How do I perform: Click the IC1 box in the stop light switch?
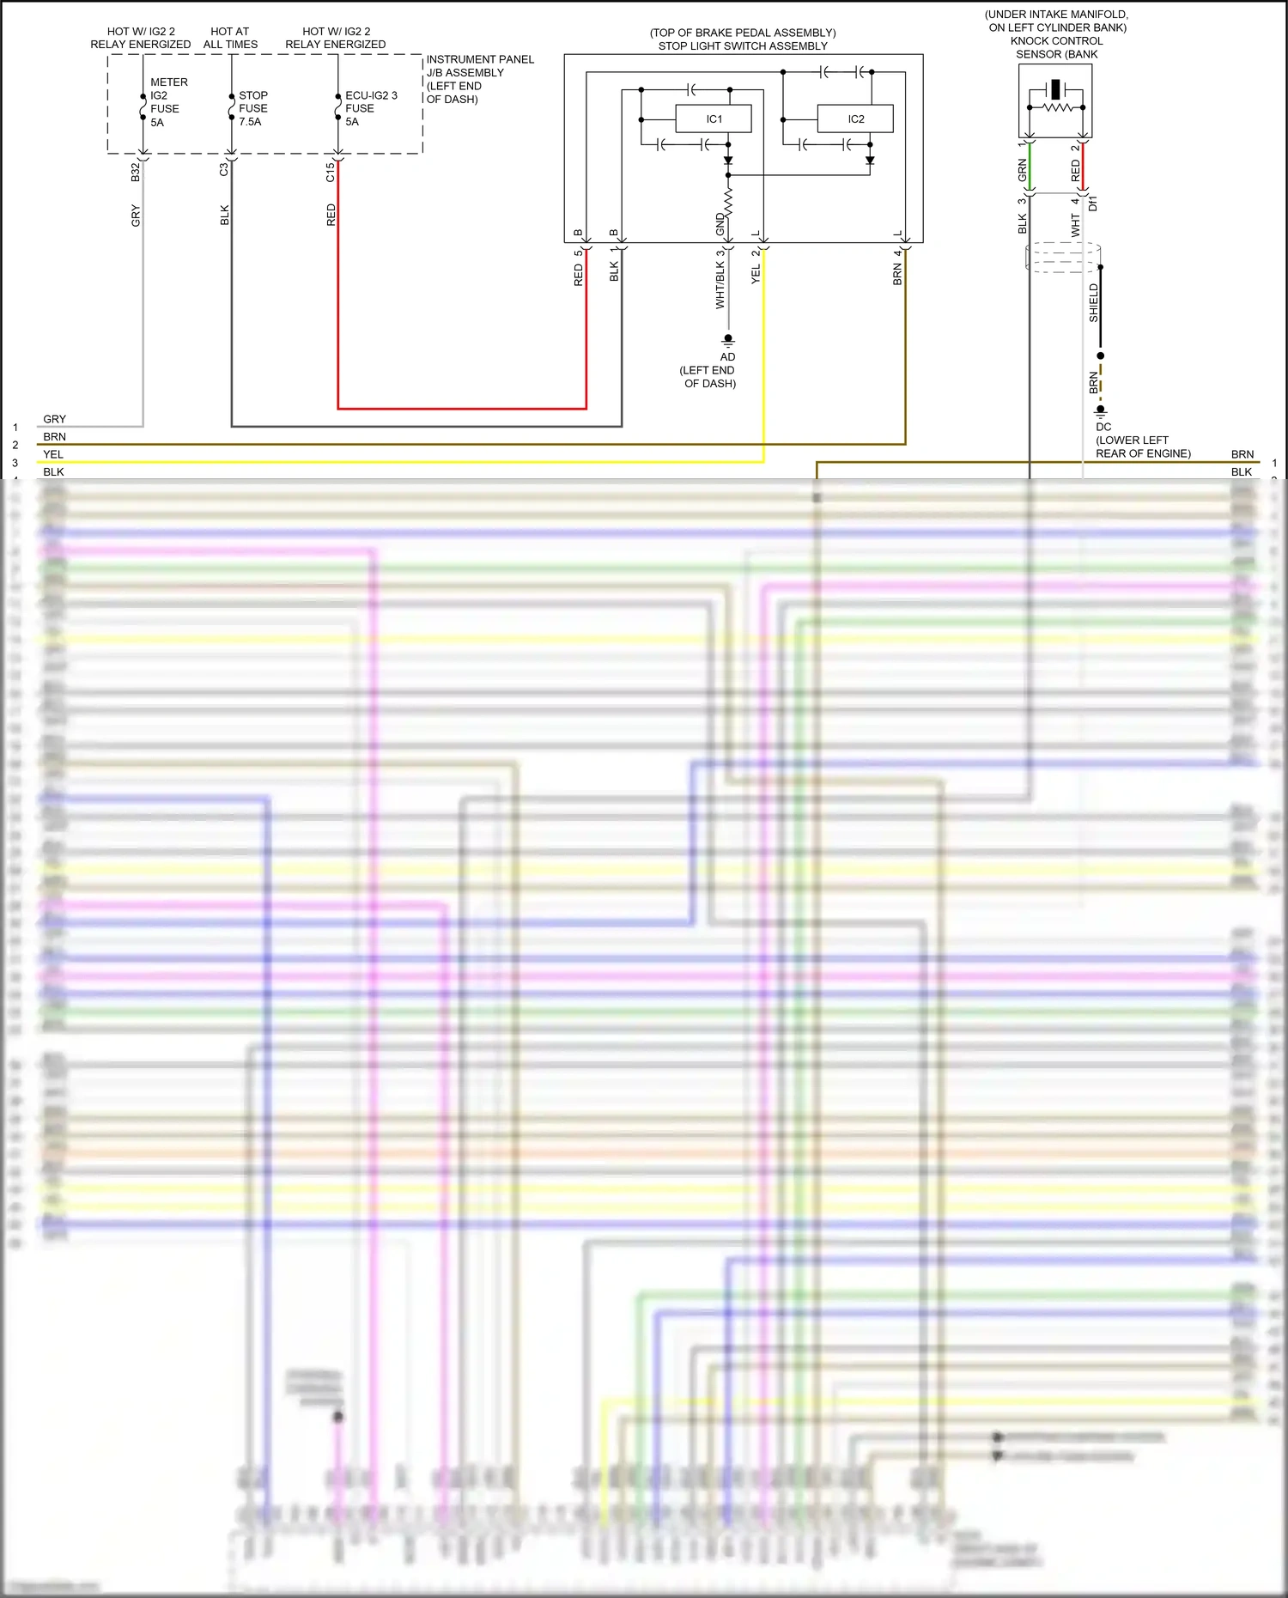(x=714, y=119)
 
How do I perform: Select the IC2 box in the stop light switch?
(x=855, y=119)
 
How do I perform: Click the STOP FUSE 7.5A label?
(x=252, y=108)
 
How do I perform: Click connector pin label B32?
(x=135, y=172)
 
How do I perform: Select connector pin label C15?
(x=330, y=172)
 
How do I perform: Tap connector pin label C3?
(x=224, y=170)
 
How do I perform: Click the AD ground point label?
(x=727, y=357)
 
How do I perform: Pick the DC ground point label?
(x=1103, y=427)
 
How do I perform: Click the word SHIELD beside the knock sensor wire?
(x=1093, y=303)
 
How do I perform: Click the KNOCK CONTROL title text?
(x=1056, y=41)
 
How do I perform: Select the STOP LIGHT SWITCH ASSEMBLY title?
(x=743, y=46)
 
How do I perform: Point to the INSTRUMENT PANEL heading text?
(x=480, y=59)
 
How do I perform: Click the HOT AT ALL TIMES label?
(x=230, y=38)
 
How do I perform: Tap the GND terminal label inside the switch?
(x=720, y=224)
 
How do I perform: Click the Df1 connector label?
(x=1093, y=204)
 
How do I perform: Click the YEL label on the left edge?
(x=53, y=454)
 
